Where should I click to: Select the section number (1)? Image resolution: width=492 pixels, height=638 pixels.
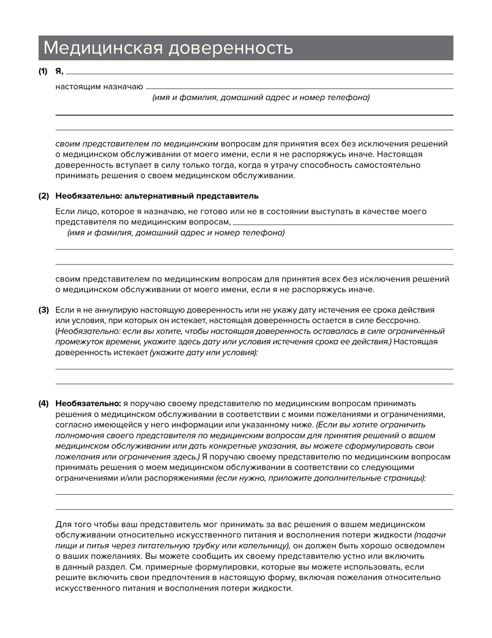pyautogui.click(x=43, y=72)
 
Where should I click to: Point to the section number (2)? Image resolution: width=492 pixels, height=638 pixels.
pyautogui.click(x=43, y=196)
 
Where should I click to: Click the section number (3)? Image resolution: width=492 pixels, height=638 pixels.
pyautogui.click(x=43, y=310)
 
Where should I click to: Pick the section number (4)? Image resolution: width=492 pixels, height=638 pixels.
pyautogui.click(x=43, y=404)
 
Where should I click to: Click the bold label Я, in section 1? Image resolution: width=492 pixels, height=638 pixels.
pyautogui.click(x=59, y=72)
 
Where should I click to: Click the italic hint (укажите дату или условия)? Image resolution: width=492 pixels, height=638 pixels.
pyautogui.click(x=204, y=353)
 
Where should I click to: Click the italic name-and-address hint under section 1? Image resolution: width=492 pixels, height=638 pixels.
pyautogui.click(x=261, y=98)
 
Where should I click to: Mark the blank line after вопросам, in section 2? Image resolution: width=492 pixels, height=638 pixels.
pyautogui.click(x=343, y=224)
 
